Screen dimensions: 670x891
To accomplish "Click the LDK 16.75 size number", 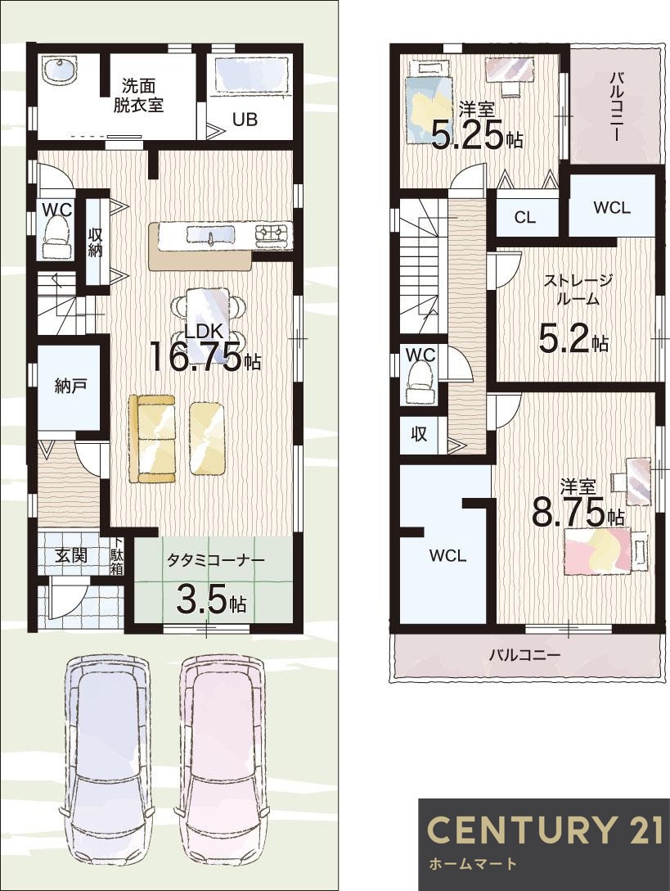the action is [196, 357].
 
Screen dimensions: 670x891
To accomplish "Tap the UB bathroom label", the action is [245, 120].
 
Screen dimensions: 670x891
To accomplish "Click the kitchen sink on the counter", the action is [209, 235].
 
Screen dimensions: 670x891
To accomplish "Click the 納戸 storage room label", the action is [71, 386].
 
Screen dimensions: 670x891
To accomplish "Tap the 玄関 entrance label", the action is [71, 555].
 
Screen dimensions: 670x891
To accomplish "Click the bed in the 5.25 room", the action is [429, 102].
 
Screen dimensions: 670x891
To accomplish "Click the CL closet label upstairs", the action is [524, 217].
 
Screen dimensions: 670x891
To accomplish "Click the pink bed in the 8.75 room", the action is [597, 550].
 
